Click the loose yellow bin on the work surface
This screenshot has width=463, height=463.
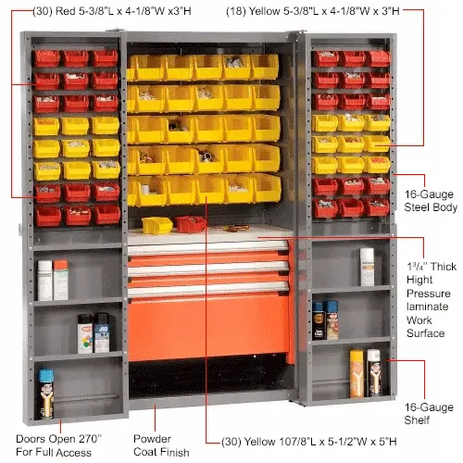tap(156, 225)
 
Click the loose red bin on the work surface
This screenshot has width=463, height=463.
tap(191, 224)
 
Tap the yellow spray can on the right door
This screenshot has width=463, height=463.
tap(357, 374)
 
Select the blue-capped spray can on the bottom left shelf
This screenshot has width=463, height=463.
tap(46, 394)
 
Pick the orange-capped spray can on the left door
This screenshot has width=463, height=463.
tap(60, 280)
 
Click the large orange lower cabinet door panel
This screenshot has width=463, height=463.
tap(208, 328)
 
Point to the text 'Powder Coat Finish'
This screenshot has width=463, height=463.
tap(161, 445)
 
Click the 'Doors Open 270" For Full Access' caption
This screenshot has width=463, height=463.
tap(58, 445)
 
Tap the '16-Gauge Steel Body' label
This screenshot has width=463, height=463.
tap(431, 201)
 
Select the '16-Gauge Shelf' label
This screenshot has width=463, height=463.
tap(429, 414)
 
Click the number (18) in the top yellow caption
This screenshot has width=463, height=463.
tap(236, 11)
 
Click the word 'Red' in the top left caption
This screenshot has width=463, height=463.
tap(66, 11)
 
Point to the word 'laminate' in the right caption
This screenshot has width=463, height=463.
tap(428, 307)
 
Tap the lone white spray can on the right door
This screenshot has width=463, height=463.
tap(367, 267)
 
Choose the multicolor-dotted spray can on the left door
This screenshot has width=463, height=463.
tap(85, 334)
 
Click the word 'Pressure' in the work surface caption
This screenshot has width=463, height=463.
tap(429, 294)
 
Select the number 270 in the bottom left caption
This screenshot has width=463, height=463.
tap(90, 439)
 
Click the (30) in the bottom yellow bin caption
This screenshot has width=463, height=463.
tap(231, 442)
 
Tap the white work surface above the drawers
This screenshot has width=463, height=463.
tap(209, 235)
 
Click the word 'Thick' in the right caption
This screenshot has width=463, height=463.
tap(444, 267)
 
